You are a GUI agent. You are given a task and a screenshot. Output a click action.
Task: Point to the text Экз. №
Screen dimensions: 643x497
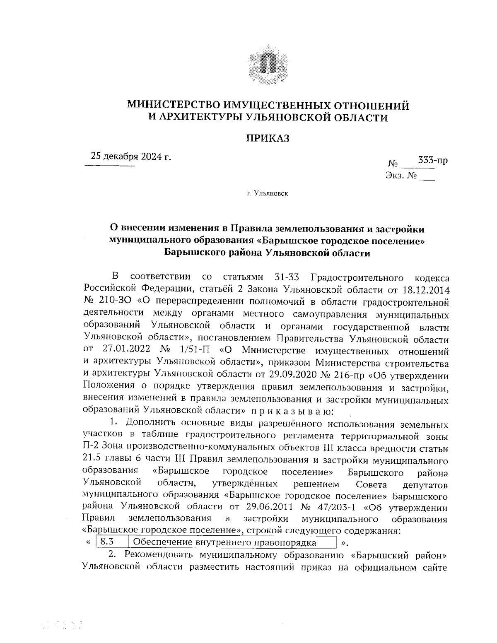click(401, 176)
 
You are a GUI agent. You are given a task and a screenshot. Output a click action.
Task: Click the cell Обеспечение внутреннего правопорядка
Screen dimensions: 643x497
click(226, 542)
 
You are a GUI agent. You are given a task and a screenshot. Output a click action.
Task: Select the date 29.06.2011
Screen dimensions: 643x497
click(261, 507)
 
